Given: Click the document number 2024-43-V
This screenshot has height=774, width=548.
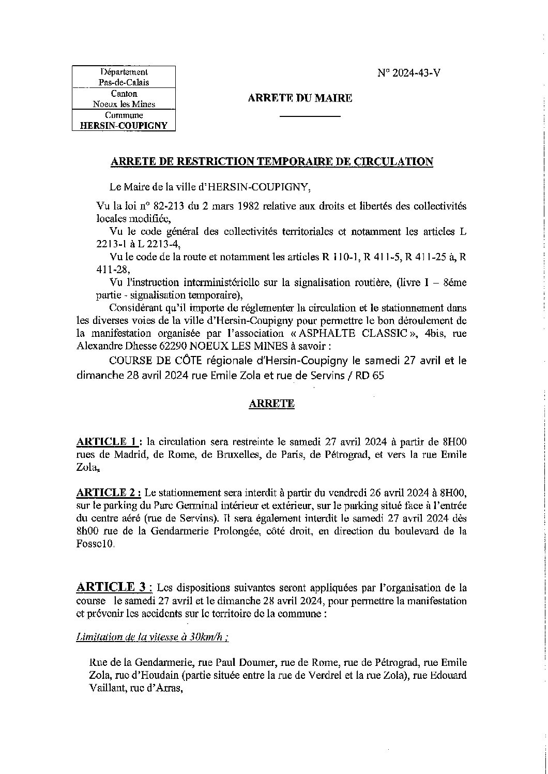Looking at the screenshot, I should coord(416,73).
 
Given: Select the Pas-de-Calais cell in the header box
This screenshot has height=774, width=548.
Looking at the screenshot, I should coord(124,83).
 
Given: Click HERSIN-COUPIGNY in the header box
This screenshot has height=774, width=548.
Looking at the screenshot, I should coord(124,126).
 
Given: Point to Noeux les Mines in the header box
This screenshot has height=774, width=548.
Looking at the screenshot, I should coord(124,104).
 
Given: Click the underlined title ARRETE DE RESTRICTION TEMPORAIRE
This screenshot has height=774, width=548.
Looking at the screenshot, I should coord(272,162).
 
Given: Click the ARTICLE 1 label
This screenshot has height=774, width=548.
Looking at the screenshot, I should coord(107,442).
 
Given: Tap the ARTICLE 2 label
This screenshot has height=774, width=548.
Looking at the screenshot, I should coord(107,491).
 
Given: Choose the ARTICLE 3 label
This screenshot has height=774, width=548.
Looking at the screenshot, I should coord(113,587).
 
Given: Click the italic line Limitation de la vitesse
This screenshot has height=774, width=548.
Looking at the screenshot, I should coord(153,637).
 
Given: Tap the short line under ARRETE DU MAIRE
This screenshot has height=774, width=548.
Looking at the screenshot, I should coord(310,116).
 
